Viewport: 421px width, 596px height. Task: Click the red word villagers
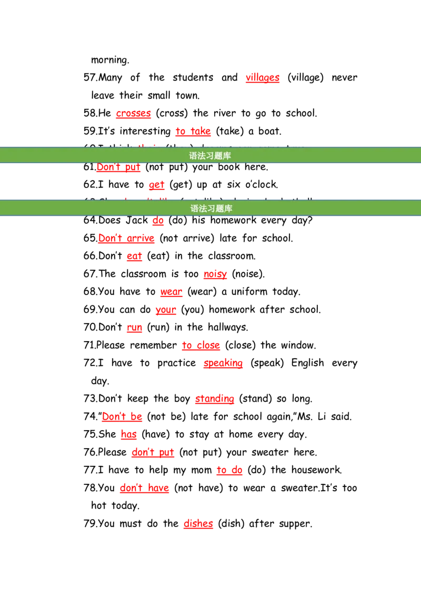(263, 78)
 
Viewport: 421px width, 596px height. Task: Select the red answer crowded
(134, 114)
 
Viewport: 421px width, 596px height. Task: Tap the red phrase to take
(192, 132)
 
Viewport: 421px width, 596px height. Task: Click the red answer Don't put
(119, 168)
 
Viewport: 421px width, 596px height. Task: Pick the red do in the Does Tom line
(158, 222)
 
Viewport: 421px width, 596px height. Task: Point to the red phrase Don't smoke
(126, 239)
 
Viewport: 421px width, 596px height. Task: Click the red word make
(216, 275)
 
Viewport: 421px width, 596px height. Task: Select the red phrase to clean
(201, 346)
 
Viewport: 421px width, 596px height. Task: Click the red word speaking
(223, 364)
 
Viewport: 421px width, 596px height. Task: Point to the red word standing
(214, 400)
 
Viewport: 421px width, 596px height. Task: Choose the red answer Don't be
(122, 418)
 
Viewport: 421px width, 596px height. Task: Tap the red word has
(129, 435)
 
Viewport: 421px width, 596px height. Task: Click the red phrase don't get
(153, 453)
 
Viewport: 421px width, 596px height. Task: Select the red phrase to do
(229, 471)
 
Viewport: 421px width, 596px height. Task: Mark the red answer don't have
(144, 489)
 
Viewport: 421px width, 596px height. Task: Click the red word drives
(198, 524)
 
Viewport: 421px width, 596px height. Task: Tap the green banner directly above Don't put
(210, 155)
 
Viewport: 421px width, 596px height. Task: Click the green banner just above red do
(210, 208)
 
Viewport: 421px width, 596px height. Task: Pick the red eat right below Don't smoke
(134, 257)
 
